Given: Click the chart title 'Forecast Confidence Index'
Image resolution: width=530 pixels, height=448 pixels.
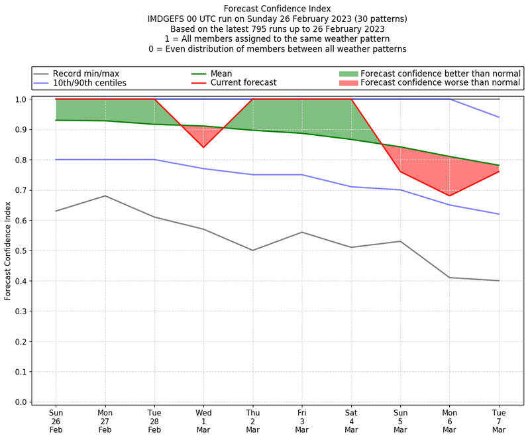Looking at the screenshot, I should point(278,9).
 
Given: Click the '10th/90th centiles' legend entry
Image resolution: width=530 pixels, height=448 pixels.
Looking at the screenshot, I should point(89,83).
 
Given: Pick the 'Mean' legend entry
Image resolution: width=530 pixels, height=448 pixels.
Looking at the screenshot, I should point(221,73).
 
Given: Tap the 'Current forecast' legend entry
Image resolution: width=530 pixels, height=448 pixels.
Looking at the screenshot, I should point(243,83).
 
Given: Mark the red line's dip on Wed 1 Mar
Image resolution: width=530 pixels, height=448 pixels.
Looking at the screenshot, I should point(203,147).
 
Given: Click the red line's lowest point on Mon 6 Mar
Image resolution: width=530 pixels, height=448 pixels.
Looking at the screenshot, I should point(450,196).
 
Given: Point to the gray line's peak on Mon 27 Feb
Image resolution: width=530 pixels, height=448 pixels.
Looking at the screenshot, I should point(105,196).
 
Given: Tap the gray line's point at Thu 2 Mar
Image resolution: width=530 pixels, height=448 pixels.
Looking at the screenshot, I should point(252,251).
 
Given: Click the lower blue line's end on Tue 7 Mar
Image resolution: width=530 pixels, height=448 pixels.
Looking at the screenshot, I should point(499,214).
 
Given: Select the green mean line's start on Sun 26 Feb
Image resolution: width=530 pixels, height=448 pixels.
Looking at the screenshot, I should point(56,120).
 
